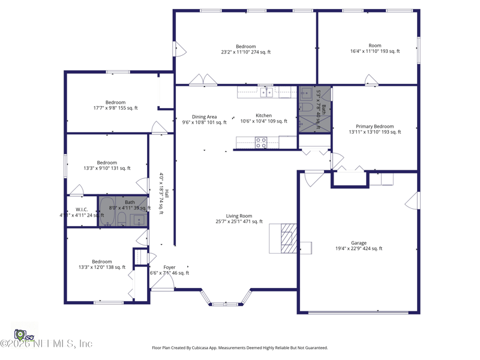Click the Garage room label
[x=359, y=246]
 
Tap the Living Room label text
[x=239, y=219]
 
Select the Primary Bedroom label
[x=375, y=129]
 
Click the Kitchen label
[x=263, y=118]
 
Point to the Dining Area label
[x=204, y=119]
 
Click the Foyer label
[x=169, y=270]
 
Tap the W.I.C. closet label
[x=82, y=212]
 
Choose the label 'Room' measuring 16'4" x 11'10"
[x=375, y=49]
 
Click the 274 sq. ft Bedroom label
[x=245, y=49]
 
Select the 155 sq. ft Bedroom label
[x=115, y=105]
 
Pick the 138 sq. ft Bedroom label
[x=101, y=265]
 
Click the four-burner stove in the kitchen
[x=261, y=143]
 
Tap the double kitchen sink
[x=266, y=92]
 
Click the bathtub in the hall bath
[x=107, y=211]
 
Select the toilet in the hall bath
[x=121, y=218]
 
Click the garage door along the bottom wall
[x=359, y=312]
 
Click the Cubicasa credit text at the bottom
[x=240, y=348]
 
